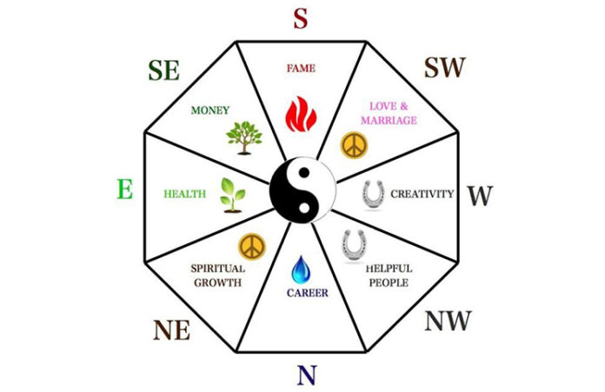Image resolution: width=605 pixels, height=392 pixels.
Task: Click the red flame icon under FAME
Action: (x=301, y=114)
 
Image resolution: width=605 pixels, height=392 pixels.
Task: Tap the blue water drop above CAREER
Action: (x=301, y=269)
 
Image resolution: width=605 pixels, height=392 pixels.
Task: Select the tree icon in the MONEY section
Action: (x=244, y=138)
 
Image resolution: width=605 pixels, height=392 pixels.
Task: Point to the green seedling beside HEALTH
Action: (x=232, y=196)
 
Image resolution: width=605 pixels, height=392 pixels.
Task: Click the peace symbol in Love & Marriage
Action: (x=354, y=145)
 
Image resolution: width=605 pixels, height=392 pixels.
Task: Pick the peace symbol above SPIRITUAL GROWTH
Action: (x=252, y=247)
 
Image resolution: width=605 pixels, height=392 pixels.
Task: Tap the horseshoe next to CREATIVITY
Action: (x=373, y=196)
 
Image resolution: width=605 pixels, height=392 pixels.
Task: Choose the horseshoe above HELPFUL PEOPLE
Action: (x=354, y=246)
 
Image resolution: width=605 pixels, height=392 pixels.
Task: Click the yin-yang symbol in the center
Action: (x=302, y=189)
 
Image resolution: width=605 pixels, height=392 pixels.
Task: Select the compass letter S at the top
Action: (x=301, y=18)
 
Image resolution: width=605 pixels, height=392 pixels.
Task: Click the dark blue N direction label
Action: (x=307, y=375)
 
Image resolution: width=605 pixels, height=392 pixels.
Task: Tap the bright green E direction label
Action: (x=125, y=189)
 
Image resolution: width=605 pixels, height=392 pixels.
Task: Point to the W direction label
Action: (x=481, y=196)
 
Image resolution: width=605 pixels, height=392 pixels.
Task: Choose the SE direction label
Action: (x=164, y=70)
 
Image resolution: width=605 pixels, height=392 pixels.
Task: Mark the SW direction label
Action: (x=445, y=68)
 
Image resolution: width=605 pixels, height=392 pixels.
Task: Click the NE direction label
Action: (x=172, y=330)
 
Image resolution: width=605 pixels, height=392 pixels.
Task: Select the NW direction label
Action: (x=448, y=321)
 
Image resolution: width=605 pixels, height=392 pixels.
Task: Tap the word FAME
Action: (x=301, y=69)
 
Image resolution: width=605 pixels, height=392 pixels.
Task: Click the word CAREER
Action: (x=308, y=293)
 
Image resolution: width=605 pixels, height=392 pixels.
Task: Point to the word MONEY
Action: (x=210, y=110)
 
